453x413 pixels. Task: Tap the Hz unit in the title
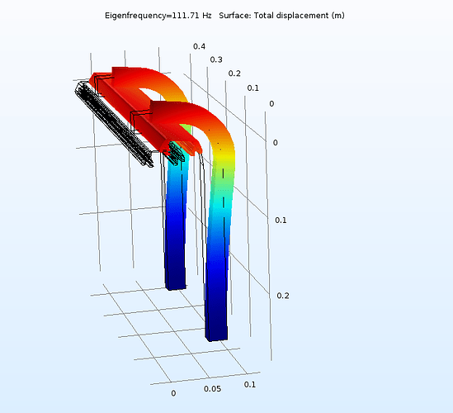(213, 17)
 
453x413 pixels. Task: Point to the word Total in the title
(283, 17)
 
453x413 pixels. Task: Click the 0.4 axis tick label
(199, 46)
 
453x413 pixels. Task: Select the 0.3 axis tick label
(216, 59)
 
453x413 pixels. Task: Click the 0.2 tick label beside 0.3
(234, 73)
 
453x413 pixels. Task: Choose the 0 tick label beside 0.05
(173, 393)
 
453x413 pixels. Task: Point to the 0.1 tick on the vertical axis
(281, 220)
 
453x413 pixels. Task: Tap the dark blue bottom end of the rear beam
(174, 281)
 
